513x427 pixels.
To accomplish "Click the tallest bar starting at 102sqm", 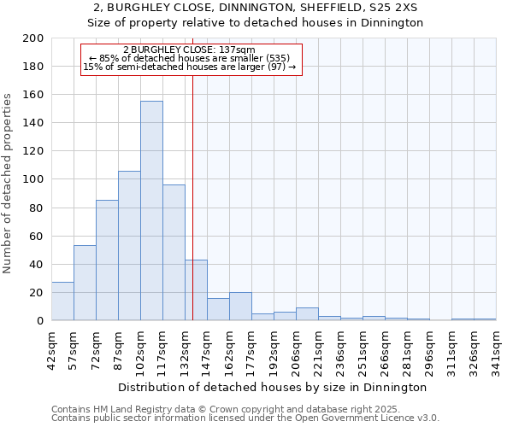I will pyautogui.click(x=151, y=211).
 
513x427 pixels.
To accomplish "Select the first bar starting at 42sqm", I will pyautogui.click(x=62, y=301).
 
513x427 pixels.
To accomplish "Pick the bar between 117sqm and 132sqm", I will pyautogui.click(x=174, y=253).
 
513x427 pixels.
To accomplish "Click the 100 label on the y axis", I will pyautogui.click(x=33, y=179).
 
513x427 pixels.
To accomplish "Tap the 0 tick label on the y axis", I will pyautogui.click(x=39, y=321).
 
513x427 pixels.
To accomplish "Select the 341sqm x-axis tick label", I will pyautogui.click(x=496, y=348).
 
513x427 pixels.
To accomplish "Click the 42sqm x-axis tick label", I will pyautogui.click(x=51, y=348).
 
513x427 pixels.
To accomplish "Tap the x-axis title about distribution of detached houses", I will pyautogui.click(x=274, y=387).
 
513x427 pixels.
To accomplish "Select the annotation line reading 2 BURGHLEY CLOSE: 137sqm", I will pyautogui.click(x=189, y=50).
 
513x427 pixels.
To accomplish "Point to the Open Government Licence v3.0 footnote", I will pyautogui.click(x=245, y=418).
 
